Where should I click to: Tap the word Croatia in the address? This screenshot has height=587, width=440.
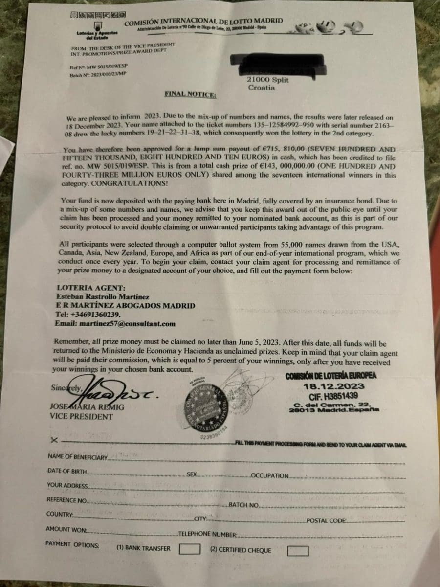[x=262, y=88]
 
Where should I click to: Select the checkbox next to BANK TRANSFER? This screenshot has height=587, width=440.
[x=190, y=549]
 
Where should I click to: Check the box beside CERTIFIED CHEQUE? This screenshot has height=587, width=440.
[x=298, y=550]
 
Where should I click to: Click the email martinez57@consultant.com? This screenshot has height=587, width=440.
[x=115, y=324]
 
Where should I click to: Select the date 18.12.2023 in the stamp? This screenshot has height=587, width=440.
[x=335, y=385]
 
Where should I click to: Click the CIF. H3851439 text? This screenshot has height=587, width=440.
[x=334, y=396]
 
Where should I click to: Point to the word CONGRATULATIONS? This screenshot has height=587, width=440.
[x=129, y=184]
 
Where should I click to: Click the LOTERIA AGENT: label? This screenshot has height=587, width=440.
[x=85, y=288]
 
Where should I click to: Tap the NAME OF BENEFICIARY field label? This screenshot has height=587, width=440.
[x=77, y=457]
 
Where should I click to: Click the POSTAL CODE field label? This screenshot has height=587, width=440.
[x=326, y=520]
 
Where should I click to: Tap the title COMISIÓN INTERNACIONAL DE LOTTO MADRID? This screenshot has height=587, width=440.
[x=203, y=22]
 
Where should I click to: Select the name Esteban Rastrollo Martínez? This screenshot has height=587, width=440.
[x=103, y=297]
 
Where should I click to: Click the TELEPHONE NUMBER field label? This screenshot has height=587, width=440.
[x=208, y=535]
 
